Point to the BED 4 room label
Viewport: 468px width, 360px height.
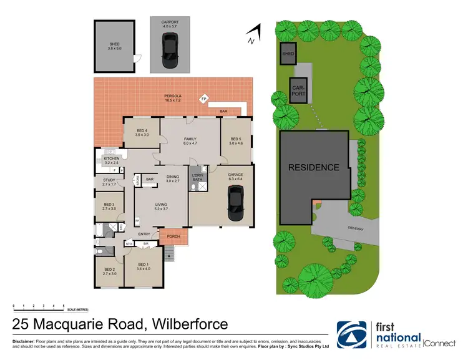pyautogui.click(x=141, y=132)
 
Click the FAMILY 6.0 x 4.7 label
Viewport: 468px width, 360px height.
pyautogui.click(x=190, y=141)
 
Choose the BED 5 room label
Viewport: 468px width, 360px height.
pyautogui.click(x=235, y=141)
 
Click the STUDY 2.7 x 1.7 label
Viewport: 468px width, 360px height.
pyautogui.click(x=109, y=183)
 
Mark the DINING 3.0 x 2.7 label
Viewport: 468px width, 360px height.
pyautogui.click(x=173, y=178)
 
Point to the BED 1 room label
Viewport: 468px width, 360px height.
pyautogui.click(x=143, y=266)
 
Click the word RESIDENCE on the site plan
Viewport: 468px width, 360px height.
pyautogui.click(x=313, y=167)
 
